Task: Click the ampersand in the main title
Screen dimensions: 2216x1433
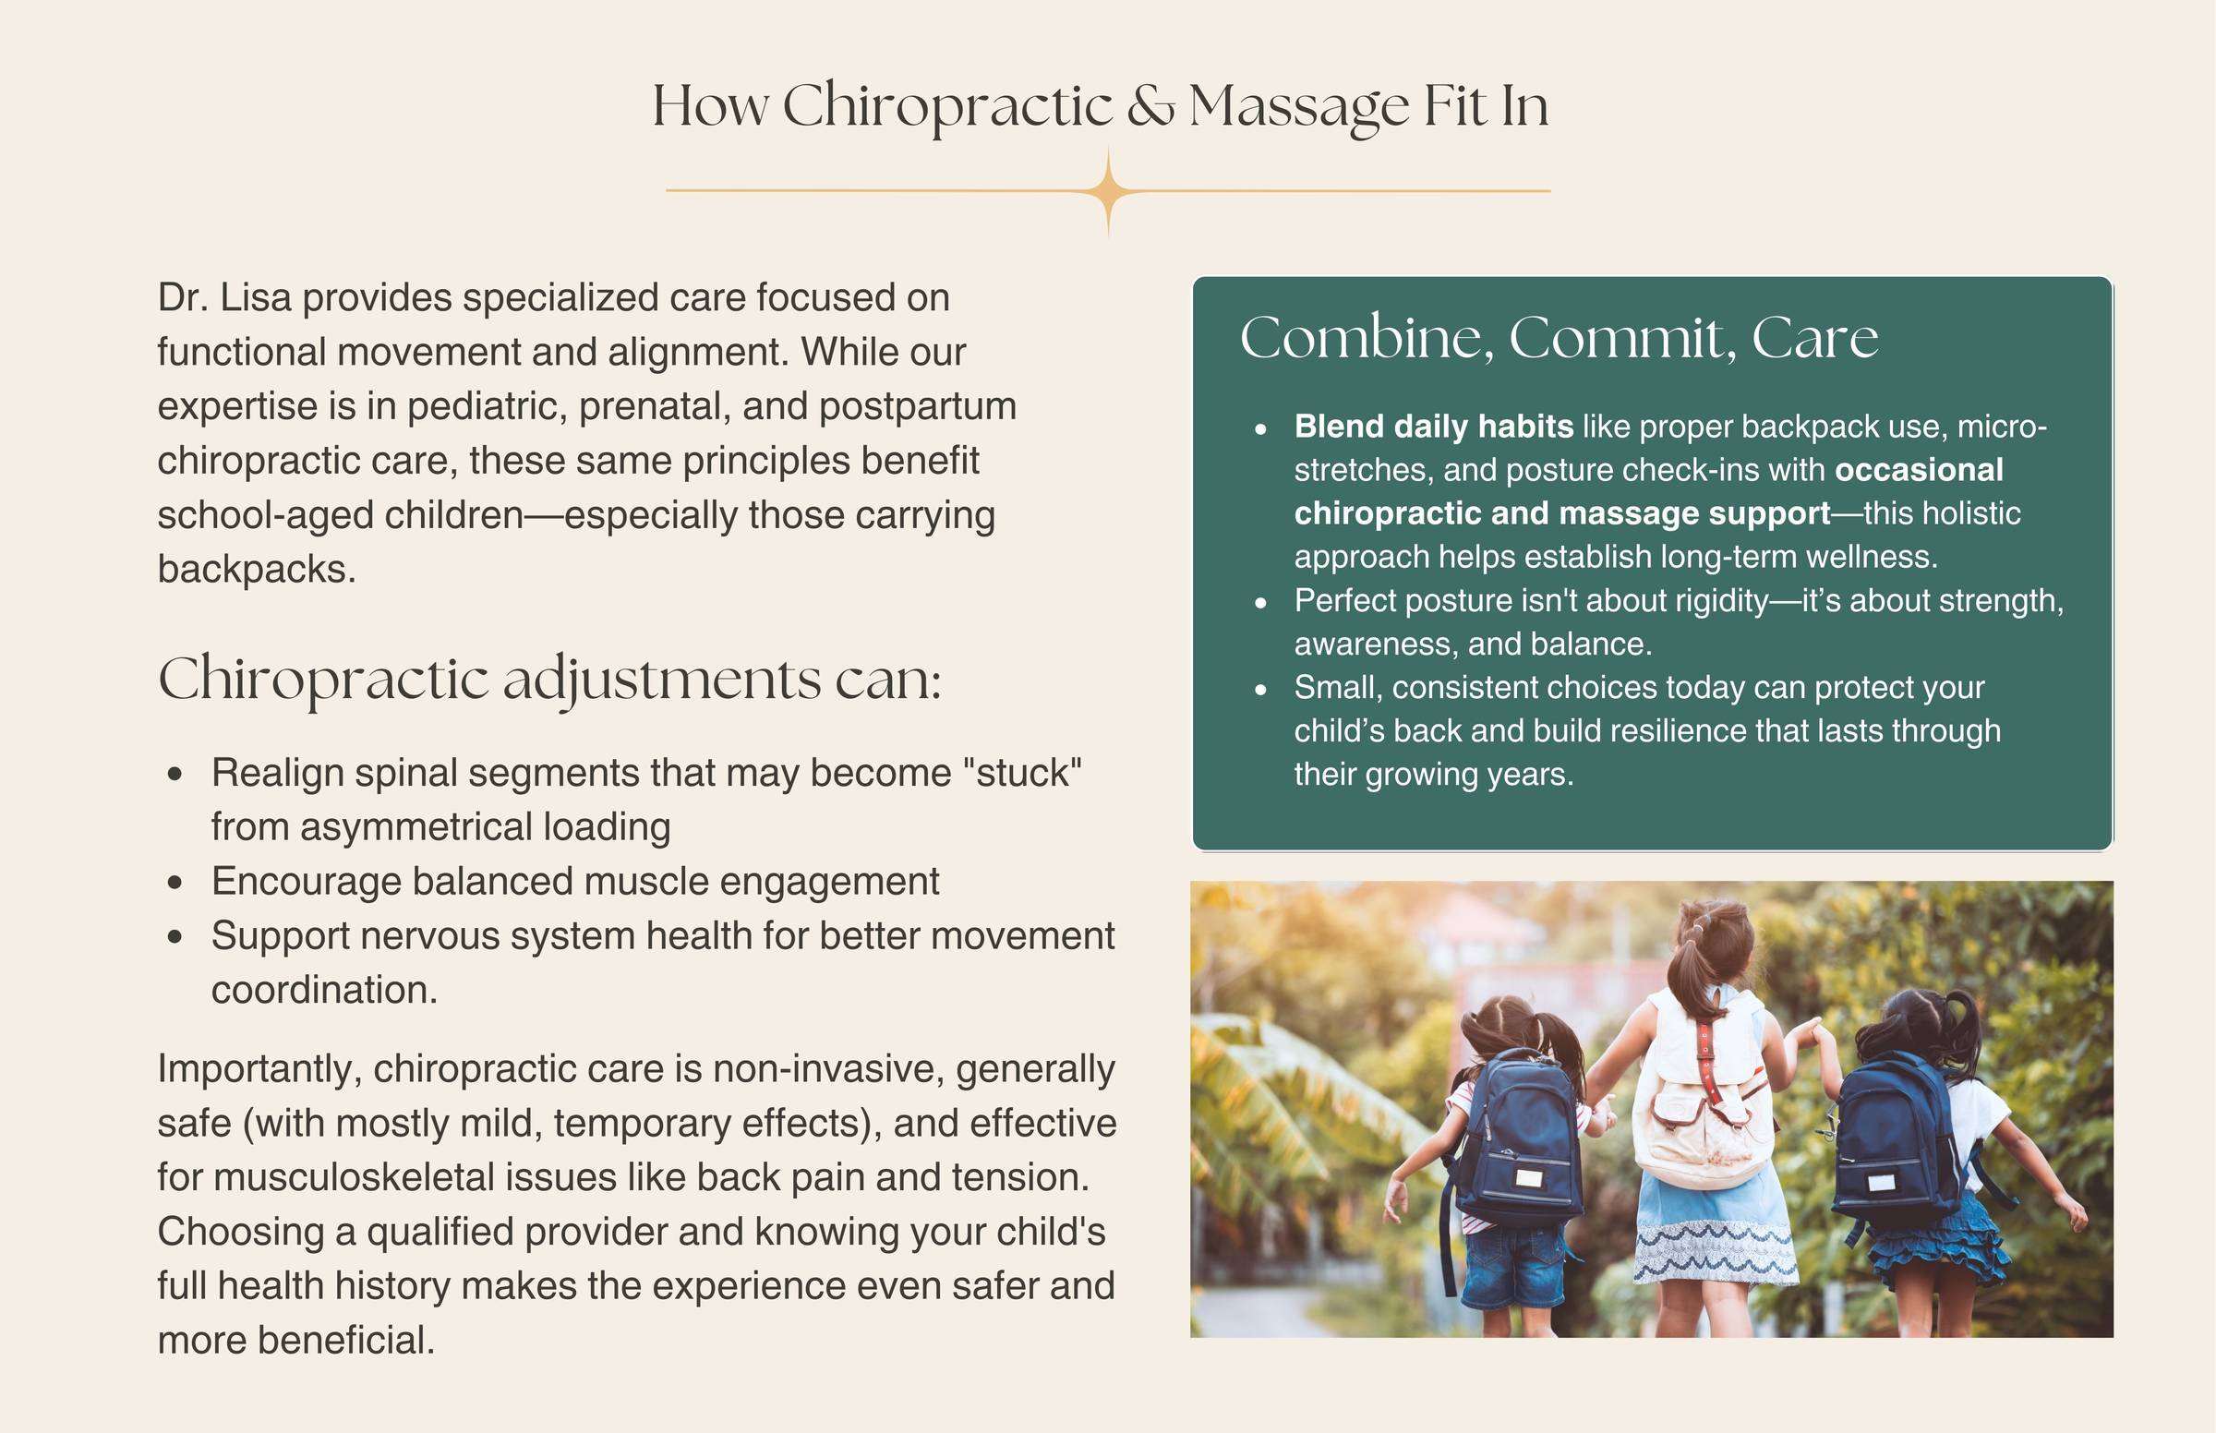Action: point(1150,106)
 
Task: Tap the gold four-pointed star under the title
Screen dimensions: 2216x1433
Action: point(1108,191)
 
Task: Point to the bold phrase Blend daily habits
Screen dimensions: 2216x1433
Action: point(1434,427)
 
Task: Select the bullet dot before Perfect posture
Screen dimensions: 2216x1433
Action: point(1260,602)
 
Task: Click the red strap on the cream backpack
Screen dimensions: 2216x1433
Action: point(1706,1056)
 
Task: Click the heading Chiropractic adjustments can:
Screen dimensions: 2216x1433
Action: point(549,680)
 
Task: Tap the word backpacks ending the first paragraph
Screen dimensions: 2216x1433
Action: point(257,570)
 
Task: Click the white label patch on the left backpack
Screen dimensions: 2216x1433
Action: point(1528,1179)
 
